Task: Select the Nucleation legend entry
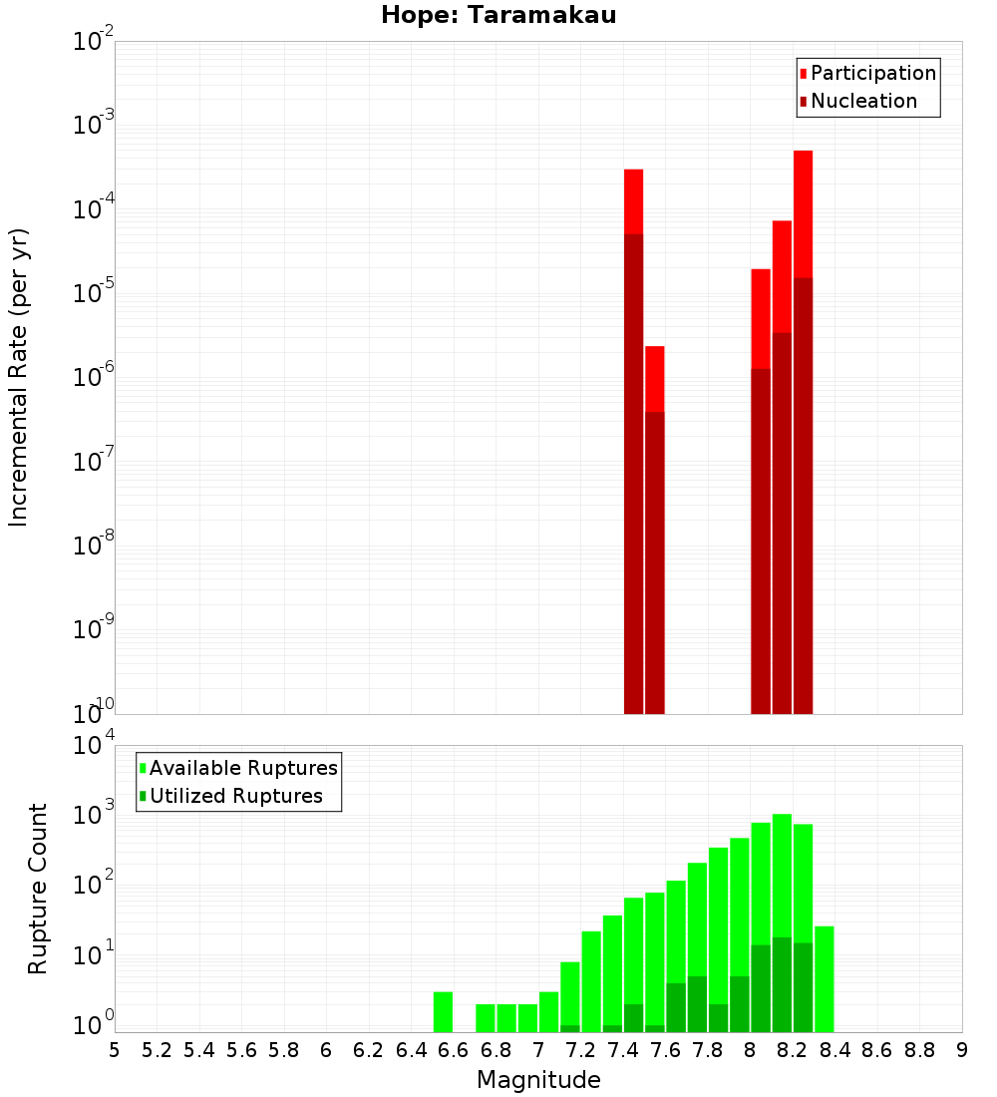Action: [862, 101]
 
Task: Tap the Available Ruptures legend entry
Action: [242, 768]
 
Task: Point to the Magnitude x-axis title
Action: [538, 1080]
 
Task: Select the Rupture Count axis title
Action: [38, 889]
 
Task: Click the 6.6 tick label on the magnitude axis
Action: [454, 1050]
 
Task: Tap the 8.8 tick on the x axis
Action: [919, 1050]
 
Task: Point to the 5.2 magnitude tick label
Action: [158, 1050]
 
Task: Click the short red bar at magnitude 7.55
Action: [654, 379]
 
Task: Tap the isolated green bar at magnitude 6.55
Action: [443, 1011]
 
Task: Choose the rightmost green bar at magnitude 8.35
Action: [824, 978]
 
